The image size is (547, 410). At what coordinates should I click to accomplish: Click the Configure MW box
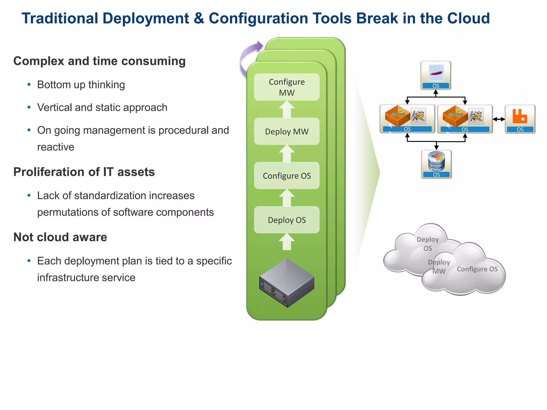click(287, 87)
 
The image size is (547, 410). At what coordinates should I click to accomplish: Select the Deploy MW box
click(287, 131)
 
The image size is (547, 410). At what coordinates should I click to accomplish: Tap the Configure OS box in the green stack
click(287, 176)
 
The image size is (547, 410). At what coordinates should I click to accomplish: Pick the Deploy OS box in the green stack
click(287, 220)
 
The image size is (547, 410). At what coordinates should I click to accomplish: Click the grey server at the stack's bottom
click(287, 283)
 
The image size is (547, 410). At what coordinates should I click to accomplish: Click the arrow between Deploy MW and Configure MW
click(287, 109)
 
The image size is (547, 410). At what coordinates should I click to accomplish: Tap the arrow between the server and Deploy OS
click(287, 242)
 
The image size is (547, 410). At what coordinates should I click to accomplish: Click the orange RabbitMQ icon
click(520, 116)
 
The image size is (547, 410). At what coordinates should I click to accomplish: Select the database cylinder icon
click(436, 161)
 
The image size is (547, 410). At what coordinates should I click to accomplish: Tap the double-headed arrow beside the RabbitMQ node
click(499, 119)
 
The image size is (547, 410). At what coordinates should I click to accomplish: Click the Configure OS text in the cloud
click(477, 269)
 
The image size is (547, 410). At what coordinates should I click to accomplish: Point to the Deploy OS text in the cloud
click(428, 244)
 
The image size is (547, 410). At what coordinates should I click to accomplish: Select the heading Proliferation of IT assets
click(84, 172)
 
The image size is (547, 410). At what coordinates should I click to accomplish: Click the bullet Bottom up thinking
click(81, 85)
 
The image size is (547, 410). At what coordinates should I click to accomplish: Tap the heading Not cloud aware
click(60, 237)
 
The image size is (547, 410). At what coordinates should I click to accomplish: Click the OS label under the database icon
click(436, 175)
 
